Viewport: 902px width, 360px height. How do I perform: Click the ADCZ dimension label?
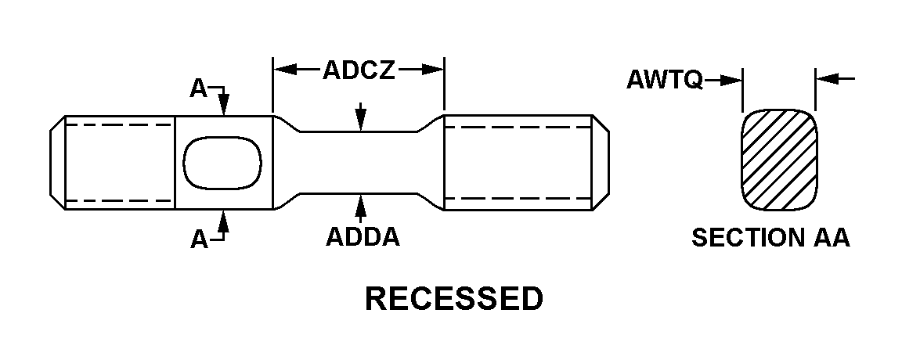click(x=359, y=71)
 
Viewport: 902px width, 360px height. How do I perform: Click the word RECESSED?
click(x=454, y=299)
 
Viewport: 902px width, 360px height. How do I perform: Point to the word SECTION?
click(x=744, y=238)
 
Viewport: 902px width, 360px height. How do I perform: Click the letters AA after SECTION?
click(x=829, y=238)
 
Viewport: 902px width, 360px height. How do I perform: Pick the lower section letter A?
click(x=199, y=239)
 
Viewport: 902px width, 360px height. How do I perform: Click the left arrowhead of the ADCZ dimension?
click(x=282, y=70)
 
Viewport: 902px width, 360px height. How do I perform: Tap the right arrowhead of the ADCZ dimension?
click(x=435, y=70)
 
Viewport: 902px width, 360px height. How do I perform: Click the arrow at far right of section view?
click(x=824, y=79)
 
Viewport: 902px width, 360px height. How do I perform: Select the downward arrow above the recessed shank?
click(x=360, y=120)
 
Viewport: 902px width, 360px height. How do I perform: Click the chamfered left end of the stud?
click(x=57, y=163)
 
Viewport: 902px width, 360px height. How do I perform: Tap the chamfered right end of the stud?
click(x=601, y=163)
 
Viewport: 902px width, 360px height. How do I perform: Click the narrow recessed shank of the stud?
click(x=360, y=162)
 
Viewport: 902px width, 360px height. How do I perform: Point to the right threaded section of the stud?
click(x=517, y=163)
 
